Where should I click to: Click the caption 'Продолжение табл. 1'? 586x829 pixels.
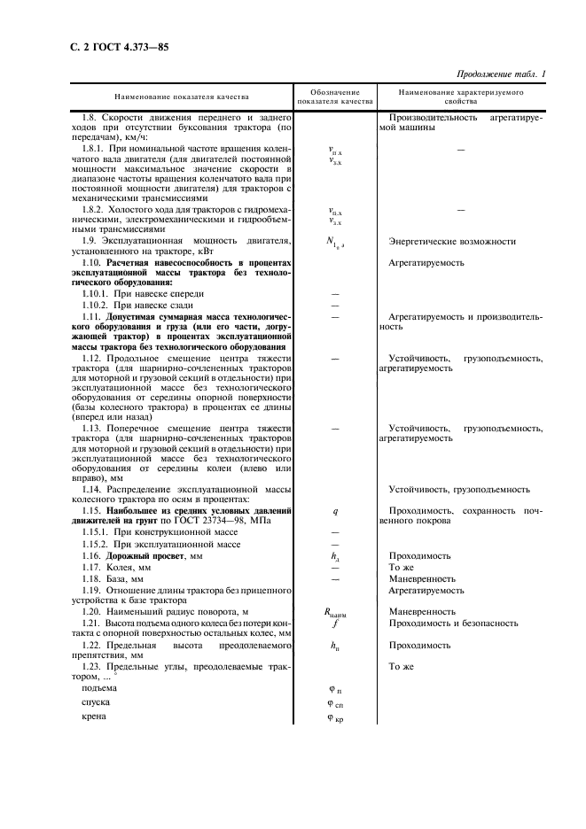coord(500,74)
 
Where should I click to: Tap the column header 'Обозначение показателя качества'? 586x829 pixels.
coord(335,96)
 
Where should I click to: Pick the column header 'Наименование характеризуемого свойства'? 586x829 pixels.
coord(461,96)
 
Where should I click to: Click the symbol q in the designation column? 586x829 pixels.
coord(335,510)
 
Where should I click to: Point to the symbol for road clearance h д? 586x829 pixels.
coord(335,555)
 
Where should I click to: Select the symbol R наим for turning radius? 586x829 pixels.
coord(336,612)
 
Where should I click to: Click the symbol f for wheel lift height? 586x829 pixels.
coord(335,623)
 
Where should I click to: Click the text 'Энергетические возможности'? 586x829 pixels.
coord(452,241)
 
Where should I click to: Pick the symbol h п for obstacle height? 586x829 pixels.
coord(335,647)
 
